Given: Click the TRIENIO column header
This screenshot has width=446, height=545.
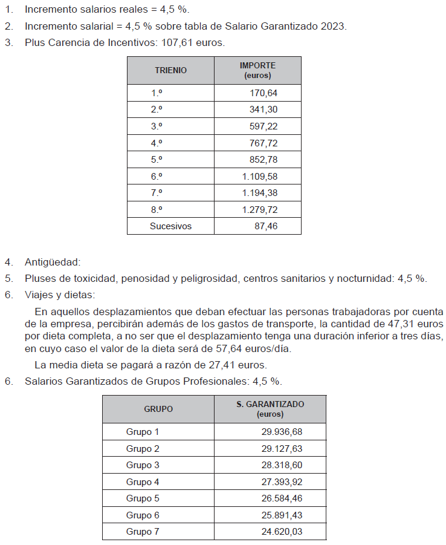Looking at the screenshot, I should point(170,70).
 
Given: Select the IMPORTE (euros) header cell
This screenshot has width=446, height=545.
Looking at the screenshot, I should point(257,70).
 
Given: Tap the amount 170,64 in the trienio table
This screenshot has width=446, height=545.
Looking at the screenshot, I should point(263,93).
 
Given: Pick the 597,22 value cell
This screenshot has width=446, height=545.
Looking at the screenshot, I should point(263,126).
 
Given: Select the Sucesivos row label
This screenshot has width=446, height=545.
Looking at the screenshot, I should point(170,226).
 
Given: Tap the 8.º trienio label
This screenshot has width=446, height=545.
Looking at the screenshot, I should point(157,209).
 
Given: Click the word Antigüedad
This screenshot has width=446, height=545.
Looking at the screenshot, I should point(53,263).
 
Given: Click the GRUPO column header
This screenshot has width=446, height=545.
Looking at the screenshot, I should point(158,409).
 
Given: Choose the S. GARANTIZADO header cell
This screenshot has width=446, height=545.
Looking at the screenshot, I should point(270,409).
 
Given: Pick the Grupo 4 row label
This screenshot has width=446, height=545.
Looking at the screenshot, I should point(143,482).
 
